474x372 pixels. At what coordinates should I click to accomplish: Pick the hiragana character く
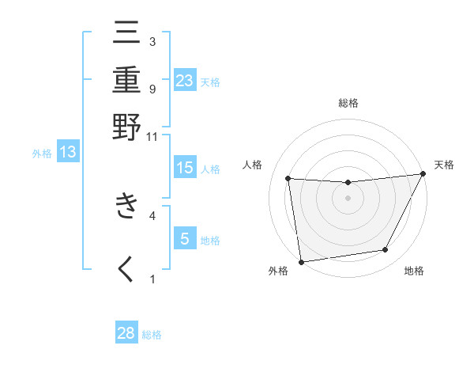(x=126, y=269)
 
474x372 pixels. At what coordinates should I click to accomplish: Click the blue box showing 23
(x=185, y=80)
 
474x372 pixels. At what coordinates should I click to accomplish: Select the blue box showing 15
(x=185, y=168)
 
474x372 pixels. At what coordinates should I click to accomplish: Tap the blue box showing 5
(x=185, y=238)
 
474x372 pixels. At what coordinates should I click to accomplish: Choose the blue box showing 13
(x=68, y=153)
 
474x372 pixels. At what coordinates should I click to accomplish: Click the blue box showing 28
(x=126, y=333)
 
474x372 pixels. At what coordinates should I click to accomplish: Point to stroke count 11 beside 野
(x=152, y=136)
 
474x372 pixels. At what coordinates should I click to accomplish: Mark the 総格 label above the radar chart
(x=348, y=103)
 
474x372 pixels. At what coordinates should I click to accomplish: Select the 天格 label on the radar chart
(x=445, y=165)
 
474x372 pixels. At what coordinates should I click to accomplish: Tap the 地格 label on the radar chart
(x=414, y=271)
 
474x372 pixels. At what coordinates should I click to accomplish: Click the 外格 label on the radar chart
(x=278, y=271)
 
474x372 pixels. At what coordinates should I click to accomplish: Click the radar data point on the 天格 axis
(x=423, y=174)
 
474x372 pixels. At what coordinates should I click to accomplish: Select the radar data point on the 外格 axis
(x=301, y=261)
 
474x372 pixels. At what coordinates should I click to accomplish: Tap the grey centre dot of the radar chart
(x=348, y=198)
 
